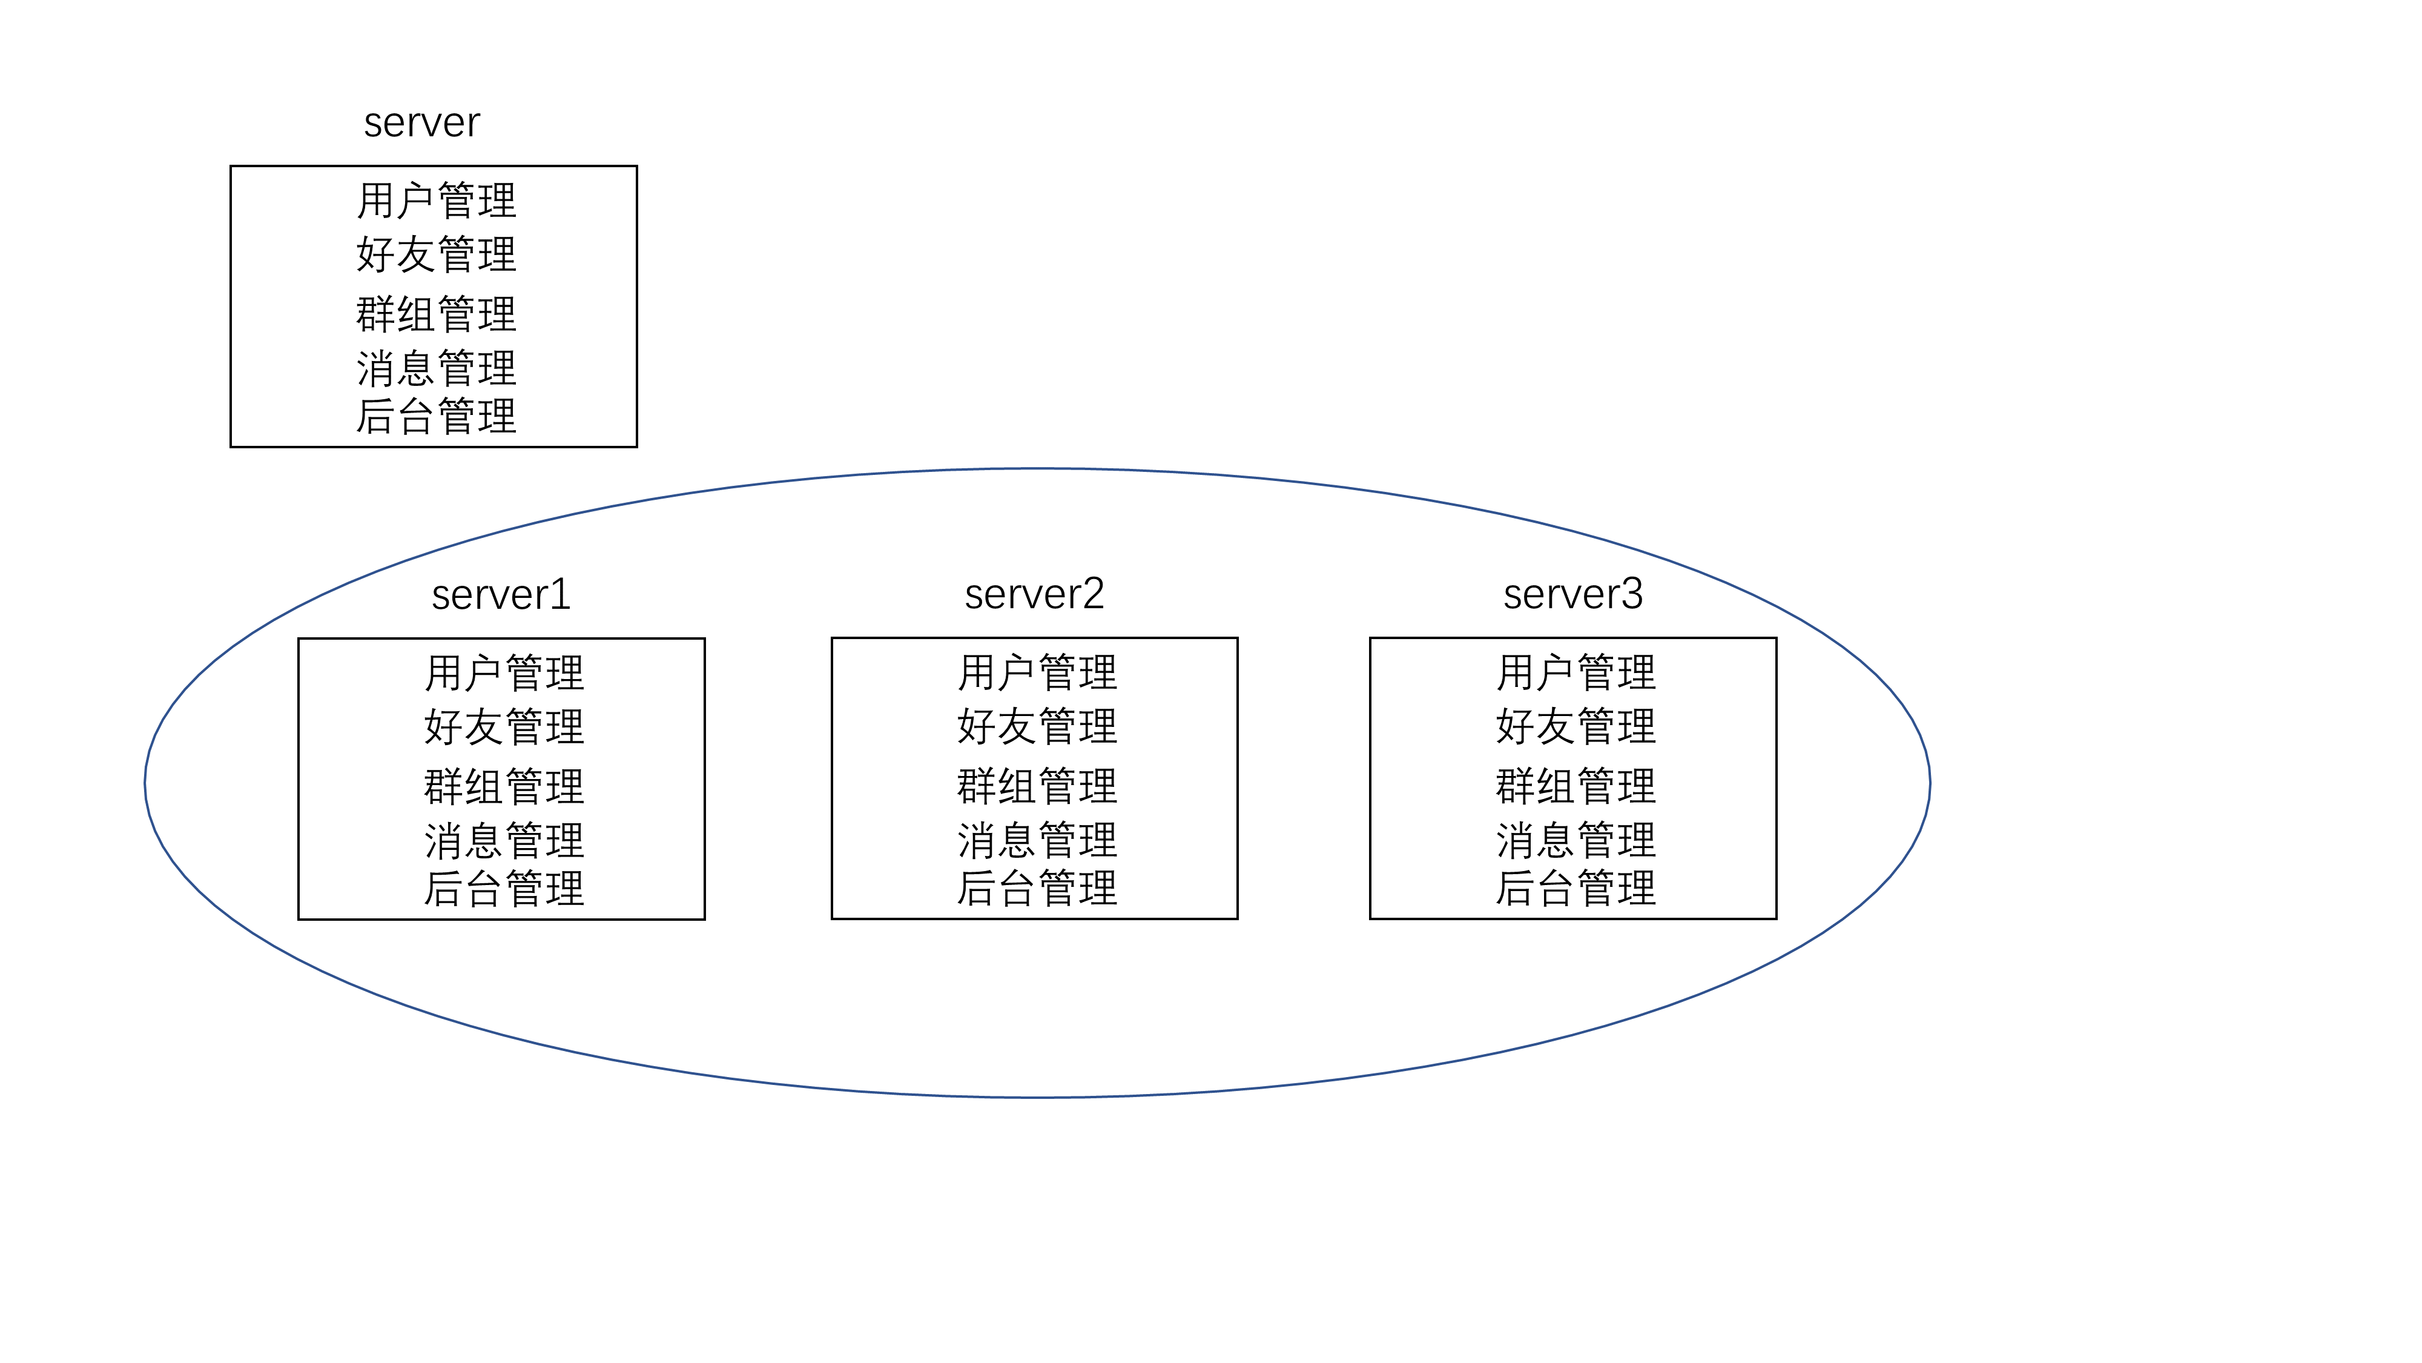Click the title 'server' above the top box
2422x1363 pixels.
tap(421, 123)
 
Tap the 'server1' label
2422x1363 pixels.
tap(501, 594)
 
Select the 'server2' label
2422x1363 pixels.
tap(1034, 594)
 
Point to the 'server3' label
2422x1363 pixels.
tap(1573, 594)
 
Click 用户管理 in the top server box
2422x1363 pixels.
tap(436, 201)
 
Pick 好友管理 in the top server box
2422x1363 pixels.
tap(436, 254)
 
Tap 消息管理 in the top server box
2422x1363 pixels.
tap(436, 368)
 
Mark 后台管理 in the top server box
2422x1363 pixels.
tap(436, 416)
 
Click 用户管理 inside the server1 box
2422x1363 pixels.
tap(504, 672)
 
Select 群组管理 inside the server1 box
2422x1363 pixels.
tap(504, 786)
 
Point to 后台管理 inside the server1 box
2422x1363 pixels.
tap(504, 888)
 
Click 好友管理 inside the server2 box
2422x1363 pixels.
tap(1037, 726)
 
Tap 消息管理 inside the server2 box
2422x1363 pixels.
tap(1037, 840)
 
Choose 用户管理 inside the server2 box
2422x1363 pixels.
tap(1037, 672)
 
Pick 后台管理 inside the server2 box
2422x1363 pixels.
tap(1037, 888)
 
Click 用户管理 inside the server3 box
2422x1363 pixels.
tap(1576, 672)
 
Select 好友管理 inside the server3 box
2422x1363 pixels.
tap(1576, 726)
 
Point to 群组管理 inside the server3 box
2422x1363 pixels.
tap(1576, 786)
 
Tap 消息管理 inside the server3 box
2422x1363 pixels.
tap(1576, 840)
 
